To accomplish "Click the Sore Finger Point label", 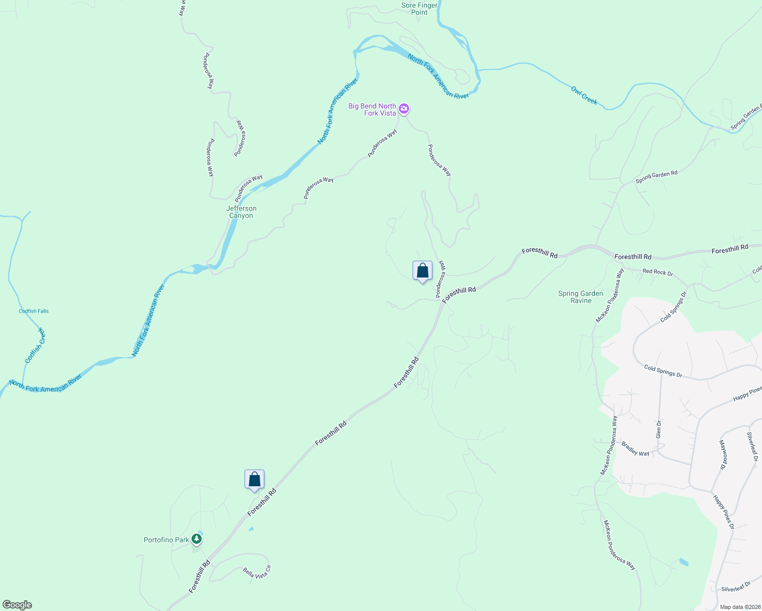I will tap(419, 9).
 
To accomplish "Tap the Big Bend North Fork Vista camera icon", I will tap(404, 108).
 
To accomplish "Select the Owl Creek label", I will tap(584, 95).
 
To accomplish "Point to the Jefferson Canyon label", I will tap(241, 212).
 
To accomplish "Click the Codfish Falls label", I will tap(34, 311).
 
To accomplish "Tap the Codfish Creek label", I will tap(35, 346).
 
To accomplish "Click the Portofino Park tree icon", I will tap(197, 539).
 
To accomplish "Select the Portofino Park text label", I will tap(167, 540).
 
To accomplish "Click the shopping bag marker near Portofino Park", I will tap(254, 480).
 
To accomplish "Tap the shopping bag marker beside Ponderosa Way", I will tap(422, 271).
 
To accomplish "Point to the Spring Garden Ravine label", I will tap(581, 297).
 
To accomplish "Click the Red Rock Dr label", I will tap(658, 272).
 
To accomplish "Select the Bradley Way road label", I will tap(635, 449).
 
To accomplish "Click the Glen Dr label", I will tap(659, 429).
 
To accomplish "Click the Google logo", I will tap(17, 605).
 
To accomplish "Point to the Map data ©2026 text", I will tap(740, 607).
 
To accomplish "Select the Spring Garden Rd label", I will tap(657, 177).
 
